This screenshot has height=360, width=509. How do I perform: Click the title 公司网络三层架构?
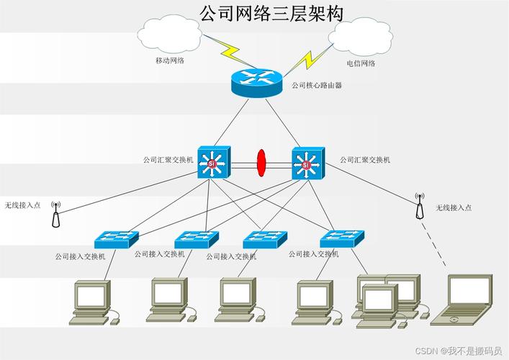tap(271, 13)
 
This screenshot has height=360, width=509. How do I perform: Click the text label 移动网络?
tap(170, 60)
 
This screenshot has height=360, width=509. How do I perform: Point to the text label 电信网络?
tap(361, 63)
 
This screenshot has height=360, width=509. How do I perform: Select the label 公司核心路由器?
tap(316, 85)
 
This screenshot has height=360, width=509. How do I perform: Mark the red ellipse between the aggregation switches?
tap(261, 162)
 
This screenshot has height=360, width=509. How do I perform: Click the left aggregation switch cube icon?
tap(213, 162)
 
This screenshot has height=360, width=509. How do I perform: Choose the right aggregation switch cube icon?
tap(308, 163)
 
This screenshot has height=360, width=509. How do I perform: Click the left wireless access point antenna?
tap(55, 214)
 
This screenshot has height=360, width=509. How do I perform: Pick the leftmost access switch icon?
tap(115, 238)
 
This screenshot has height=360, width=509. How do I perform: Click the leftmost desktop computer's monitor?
tap(91, 295)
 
